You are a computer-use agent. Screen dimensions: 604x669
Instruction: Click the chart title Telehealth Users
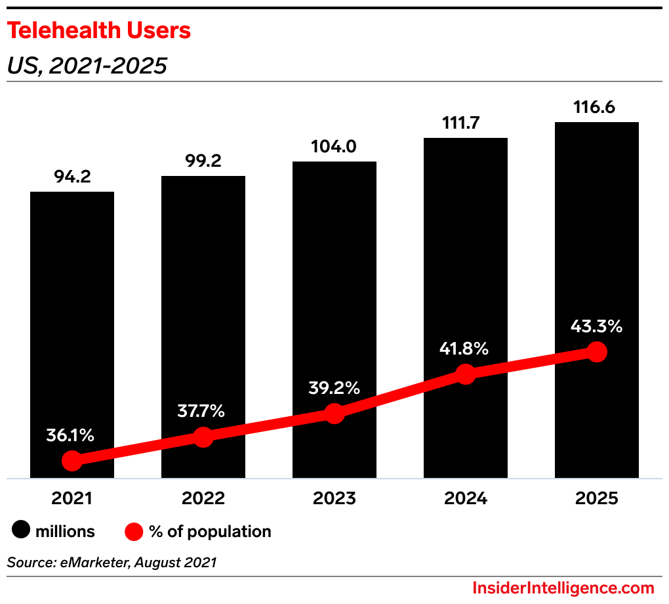click(x=99, y=30)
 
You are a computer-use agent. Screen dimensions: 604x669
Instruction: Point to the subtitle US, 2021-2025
click(x=87, y=66)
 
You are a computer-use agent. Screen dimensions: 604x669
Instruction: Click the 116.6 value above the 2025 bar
click(x=596, y=107)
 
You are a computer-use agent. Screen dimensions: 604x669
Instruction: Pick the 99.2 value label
click(x=203, y=161)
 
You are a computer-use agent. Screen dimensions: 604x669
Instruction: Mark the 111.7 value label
click(x=466, y=123)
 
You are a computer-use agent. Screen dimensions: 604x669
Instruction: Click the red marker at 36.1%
click(x=72, y=461)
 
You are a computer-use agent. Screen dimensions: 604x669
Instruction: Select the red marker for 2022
click(x=203, y=437)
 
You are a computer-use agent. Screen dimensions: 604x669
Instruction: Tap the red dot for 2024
click(x=466, y=374)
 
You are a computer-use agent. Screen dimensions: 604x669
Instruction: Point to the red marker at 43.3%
click(x=596, y=352)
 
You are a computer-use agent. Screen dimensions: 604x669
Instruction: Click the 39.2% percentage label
click(x=334, y=388)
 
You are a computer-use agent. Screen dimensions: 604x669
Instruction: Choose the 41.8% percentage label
click(x=464, y=349)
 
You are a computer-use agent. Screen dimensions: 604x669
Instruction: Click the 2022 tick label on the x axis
click(x=203, y=498)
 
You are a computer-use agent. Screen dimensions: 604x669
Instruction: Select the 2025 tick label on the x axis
click(x=596, y=498)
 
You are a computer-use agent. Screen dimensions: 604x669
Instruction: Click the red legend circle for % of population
click(x=134, y=530)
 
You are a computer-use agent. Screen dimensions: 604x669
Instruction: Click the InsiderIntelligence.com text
click(x=563, y=588)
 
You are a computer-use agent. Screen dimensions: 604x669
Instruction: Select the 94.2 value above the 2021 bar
click(x=72, y=177)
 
